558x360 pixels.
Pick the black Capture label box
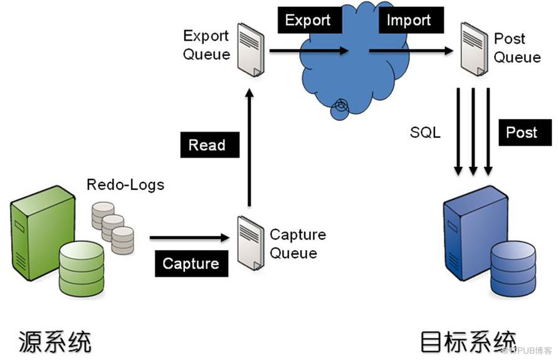pyautogui.click(x=191, y=263)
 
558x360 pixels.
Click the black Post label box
pyautogui.click(x=522, y=133)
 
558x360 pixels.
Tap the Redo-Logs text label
pyautogui.click(x=125, y=184)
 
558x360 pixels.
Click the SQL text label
pyautogui.click(x=425, y=133)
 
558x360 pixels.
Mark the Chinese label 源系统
pyautogui.click(x=55, y=341)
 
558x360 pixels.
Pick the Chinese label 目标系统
pyautogui.click(x=468, y=341)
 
